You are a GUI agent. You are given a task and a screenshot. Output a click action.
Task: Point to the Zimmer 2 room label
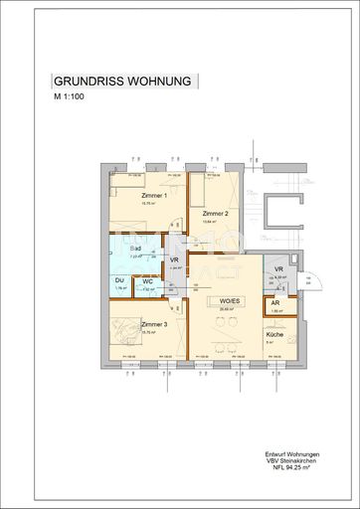tap(216, 214)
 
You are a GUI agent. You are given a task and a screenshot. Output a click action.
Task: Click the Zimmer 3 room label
tap(153, 325)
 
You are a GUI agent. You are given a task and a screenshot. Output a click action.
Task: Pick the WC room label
tap(147, 281)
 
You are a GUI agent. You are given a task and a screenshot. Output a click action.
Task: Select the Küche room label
tap(273, 335)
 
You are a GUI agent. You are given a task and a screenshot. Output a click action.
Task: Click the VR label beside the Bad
tap(175, 260)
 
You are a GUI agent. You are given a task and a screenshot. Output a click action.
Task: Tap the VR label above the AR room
tap(279, 269)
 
